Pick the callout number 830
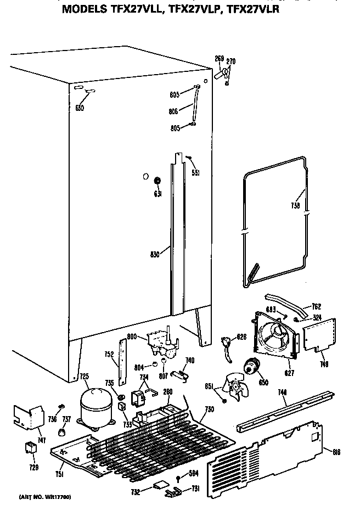[154, 254]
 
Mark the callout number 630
[80, 108]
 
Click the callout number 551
[195, 173]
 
